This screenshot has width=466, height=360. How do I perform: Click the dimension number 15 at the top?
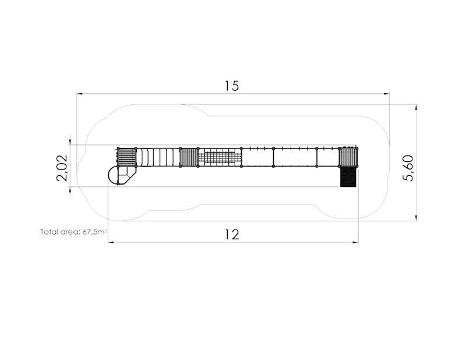[231, 86]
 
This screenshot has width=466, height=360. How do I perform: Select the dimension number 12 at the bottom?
[231, 235]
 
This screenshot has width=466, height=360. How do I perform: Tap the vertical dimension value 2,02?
[62, 168]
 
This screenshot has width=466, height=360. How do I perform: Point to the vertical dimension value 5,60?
[408, 168]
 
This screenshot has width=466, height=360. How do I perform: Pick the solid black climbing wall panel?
[348, 177]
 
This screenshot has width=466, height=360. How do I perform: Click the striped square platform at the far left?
[127, 157]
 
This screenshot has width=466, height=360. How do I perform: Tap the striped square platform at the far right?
[348, 157]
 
